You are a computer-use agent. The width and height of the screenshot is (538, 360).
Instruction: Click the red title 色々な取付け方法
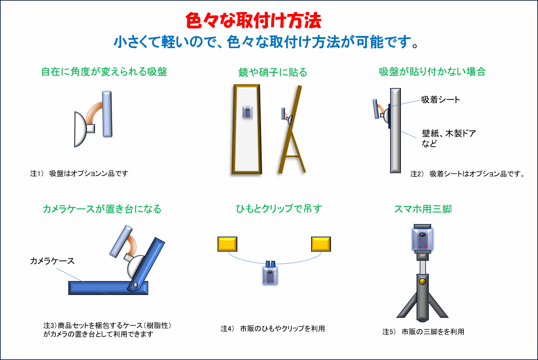coord(253,21)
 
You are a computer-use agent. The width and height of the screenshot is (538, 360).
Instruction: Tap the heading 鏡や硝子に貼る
coord(273,72)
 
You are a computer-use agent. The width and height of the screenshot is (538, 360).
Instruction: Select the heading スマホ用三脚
coord(423,209)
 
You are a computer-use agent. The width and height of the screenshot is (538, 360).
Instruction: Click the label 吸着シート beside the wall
coord(441,99)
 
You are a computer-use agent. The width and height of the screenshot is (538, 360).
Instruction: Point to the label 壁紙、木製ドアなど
coord(449,138)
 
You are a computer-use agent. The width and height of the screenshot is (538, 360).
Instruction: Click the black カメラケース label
coord(52,261)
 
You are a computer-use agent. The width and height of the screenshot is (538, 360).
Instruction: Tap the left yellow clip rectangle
coord(227,244)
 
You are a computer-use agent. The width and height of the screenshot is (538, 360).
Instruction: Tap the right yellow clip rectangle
coord(321,244)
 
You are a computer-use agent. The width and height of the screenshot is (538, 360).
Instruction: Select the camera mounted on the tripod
coord(423,239)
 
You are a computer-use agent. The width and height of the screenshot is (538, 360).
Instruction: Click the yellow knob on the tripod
coord(422,281)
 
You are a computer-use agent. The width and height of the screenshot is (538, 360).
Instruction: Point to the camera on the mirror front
coord(247,112)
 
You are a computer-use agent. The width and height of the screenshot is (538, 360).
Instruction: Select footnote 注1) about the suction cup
coord(79,173)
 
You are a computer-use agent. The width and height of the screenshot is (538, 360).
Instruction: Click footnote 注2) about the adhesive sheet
coord(467,174)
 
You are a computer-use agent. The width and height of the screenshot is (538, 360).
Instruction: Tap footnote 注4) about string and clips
coord(273,329)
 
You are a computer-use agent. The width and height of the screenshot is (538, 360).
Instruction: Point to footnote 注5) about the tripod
coord(423,332)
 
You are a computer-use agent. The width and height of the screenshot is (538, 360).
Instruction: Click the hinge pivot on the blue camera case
coord(136,285)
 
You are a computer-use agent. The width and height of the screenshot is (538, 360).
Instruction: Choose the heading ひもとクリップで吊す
coord(279,209)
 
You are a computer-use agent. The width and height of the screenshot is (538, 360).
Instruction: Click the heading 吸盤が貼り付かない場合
coord(432,72)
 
